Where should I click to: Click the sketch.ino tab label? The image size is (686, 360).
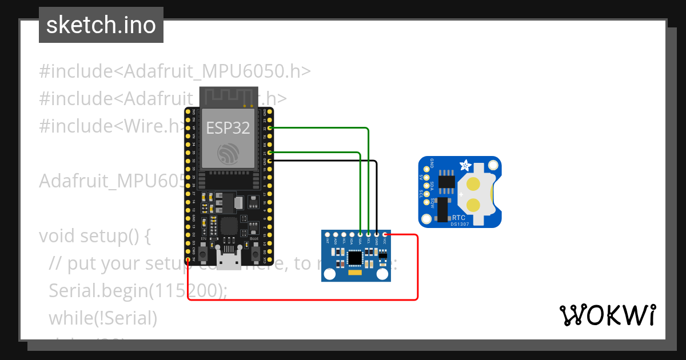tap(101, 25)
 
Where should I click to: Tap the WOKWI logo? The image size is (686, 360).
tap(607, 315)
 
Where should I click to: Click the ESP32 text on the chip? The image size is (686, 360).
tap(228, 128)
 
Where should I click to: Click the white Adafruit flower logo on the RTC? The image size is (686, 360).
tap(466, 166)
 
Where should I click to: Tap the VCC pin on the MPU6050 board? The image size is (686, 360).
tap(386, 234)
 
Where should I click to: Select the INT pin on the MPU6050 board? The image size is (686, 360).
tap(327, 234)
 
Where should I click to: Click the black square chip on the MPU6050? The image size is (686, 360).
tap(355, 258)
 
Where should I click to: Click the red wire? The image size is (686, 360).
tap(418, 269)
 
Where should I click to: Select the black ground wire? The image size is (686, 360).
tap(377, 194)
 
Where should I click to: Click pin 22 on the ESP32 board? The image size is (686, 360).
tap(269, 128)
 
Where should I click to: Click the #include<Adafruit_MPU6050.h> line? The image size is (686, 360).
tap(175, 71)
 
